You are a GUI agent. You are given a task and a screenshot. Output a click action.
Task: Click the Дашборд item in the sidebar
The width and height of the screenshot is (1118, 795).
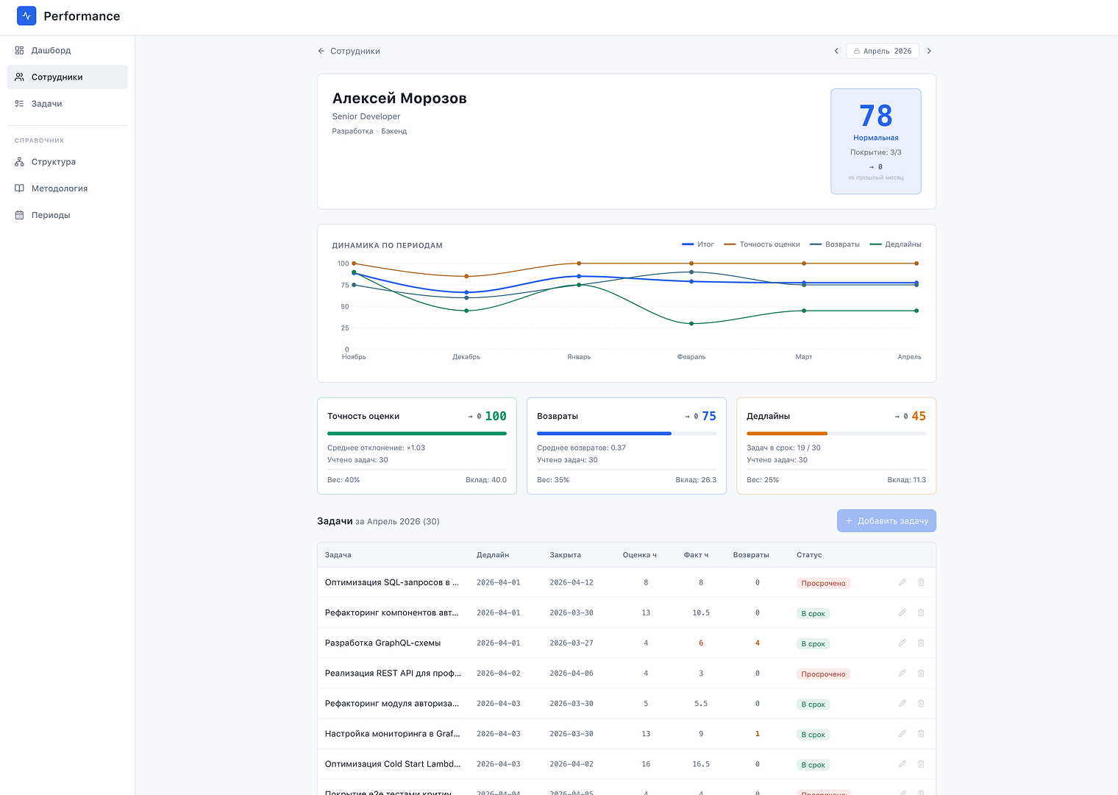(x=51, y=51)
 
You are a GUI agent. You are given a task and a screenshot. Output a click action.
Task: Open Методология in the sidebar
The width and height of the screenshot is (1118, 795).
(x=60, y=188)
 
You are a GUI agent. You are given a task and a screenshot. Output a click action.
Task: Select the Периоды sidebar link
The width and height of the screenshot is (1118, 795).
(x=51, y=215)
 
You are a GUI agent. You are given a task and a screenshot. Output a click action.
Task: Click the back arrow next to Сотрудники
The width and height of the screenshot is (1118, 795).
(x=321, y=51)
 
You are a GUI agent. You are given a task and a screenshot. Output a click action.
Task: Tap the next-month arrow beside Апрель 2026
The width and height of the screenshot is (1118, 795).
(x=929, y=51)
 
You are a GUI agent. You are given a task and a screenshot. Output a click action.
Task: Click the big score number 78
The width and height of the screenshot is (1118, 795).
(x=875, y=116)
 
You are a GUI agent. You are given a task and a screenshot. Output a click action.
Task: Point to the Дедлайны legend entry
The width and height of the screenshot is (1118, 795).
(x=895, y=244)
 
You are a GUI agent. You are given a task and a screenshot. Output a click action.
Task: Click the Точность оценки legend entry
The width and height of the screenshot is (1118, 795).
(x=762, y=244)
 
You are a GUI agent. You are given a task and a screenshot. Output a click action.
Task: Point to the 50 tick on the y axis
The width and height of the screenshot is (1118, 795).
(x=345, y=307)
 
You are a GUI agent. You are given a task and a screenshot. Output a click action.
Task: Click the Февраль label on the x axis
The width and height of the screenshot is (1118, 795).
(x=691, y=357)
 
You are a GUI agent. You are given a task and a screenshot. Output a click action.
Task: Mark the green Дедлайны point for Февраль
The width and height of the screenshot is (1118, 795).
(x=691, y=324)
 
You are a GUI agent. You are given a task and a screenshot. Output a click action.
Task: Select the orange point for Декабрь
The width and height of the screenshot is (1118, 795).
(x=466, y=276)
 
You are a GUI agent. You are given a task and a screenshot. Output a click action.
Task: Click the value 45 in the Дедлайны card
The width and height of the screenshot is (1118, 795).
(x=919, y=416)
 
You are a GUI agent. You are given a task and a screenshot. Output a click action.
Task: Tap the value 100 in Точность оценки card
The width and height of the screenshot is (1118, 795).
(x=496, y=416)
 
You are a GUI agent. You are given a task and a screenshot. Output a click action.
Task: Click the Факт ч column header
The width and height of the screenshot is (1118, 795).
(x=696, y=555)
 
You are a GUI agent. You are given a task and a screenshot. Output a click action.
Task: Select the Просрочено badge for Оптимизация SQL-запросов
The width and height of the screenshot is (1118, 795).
(x=823, y=583)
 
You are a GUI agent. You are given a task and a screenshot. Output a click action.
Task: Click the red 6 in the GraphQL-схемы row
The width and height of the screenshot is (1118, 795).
(x=701, y=643)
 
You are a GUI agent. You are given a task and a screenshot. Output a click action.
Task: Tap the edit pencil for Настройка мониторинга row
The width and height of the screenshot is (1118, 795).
(x=902, y=734)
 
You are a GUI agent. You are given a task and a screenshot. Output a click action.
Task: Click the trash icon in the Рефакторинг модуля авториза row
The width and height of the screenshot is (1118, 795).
(x=921, y=704)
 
